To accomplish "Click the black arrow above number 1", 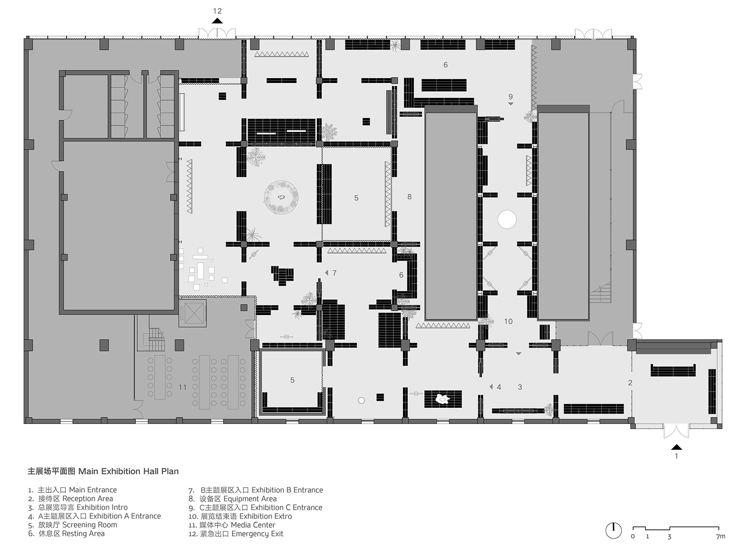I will pos(677,447).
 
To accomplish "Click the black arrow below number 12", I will pos(218,21).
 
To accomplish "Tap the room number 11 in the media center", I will pos(182,387).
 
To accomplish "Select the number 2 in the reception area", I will pos(630,383).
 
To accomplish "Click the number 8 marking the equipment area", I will pos(410,197).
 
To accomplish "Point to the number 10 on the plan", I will pos(508,322).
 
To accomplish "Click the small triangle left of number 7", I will pos(326,273).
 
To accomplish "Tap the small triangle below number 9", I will pos(511,104).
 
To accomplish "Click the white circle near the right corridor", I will pos(507,219).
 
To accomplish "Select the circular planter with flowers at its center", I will pos(281,198).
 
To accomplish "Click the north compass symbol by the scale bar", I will pos(613,530).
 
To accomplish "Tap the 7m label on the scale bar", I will pos(720,536).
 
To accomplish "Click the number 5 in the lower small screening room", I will pos(292,380).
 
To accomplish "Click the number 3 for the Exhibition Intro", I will pos(520,387).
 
